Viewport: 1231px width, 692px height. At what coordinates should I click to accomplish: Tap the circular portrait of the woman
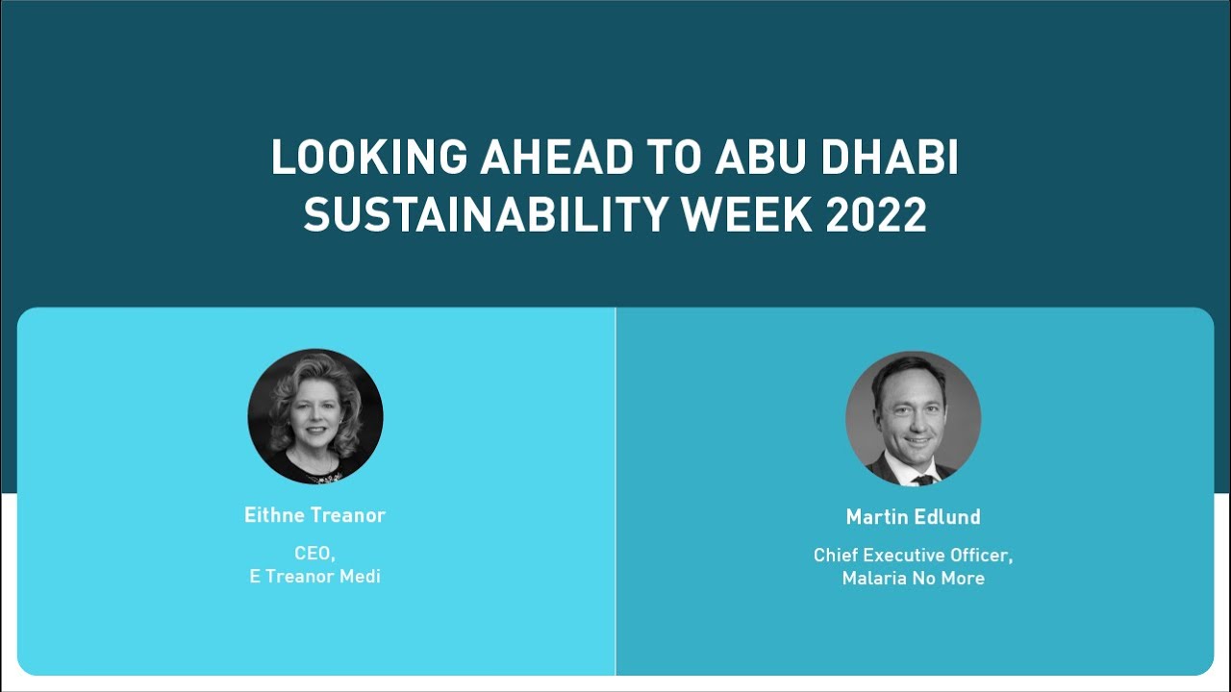click(315, 416)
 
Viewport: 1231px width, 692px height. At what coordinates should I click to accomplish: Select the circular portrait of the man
click(913, 418)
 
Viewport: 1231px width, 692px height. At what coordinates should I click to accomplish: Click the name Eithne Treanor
click(314, 515)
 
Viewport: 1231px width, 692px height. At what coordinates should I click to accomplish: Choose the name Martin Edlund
click(913, 517)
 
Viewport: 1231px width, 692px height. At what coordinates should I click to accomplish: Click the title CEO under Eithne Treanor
click(314, 554)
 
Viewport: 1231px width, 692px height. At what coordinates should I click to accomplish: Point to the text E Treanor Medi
click(314, 577)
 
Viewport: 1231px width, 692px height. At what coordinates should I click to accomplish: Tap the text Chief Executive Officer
click(913, 556)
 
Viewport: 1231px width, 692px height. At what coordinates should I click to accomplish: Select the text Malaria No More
click(913, 579)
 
